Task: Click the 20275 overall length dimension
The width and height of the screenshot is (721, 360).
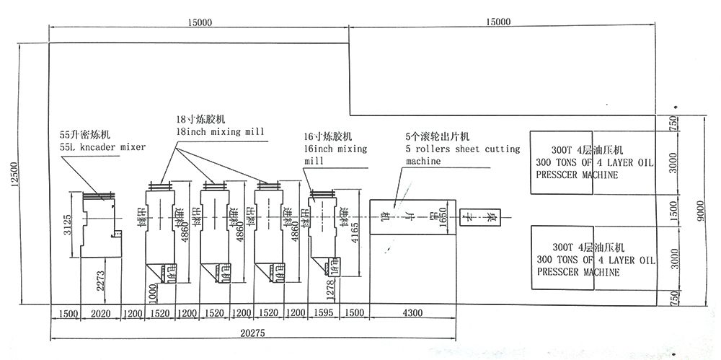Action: (x=252, y=333)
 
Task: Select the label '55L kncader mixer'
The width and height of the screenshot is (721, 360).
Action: (x=102, y=146)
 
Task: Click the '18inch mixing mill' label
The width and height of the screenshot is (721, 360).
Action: (x=220, y=131)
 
